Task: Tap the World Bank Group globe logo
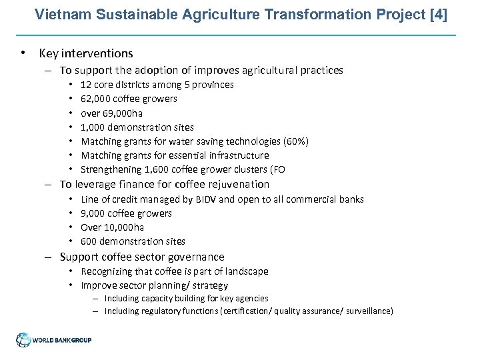[24, 340]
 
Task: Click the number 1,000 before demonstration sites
[93, 127]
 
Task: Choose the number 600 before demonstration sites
[89, 241]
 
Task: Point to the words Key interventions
[86, 53]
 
